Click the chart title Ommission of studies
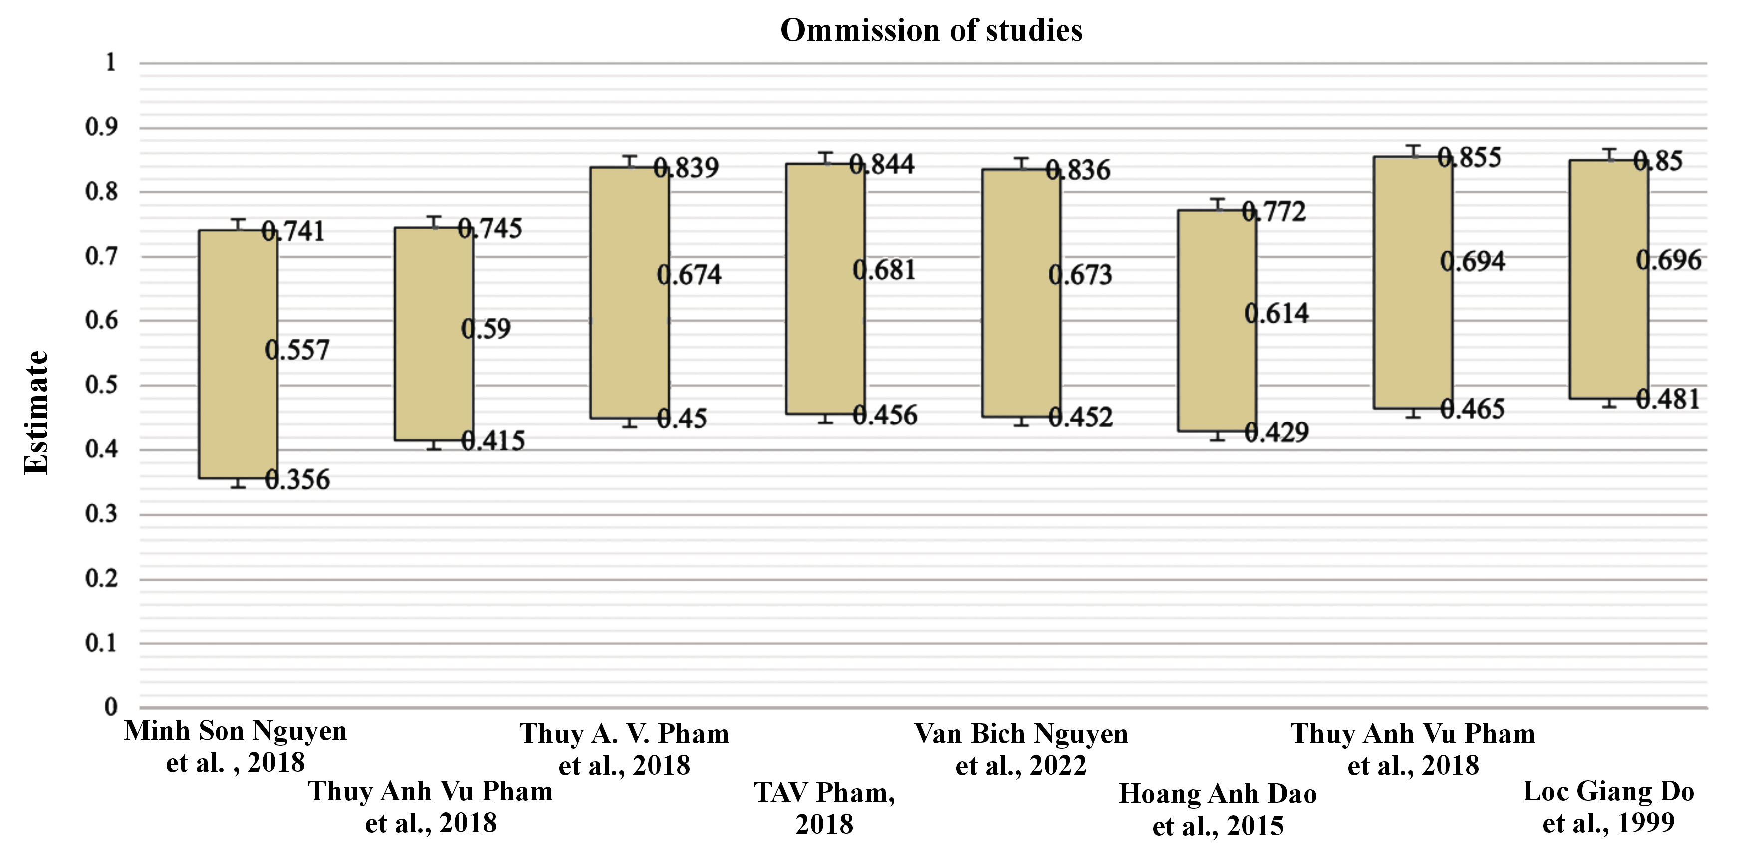[x=931, y=30]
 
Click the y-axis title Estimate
[x=37, y=412]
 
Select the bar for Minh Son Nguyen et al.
[x=238, y=354]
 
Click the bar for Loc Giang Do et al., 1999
[x=1609, y=279]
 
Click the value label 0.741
[x=293, y=232]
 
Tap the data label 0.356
[x=297, y=480]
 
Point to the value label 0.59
[x=486, y=329]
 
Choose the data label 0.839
[x=686, y=167]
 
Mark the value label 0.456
[x=885, y=415]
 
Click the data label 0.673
[x=1080, y=275]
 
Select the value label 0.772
[x=1274, y=211]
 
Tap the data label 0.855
[x=1470, y=157]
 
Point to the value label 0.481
[x=1667, y=399]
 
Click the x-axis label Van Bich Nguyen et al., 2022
[x=1021, y=749]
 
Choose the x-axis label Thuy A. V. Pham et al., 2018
[x=624, y=749]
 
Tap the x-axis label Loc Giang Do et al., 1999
[x=1609, y=806]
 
